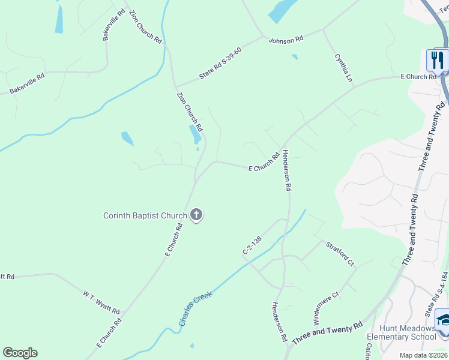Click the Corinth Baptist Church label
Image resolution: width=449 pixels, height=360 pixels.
click(145, 215)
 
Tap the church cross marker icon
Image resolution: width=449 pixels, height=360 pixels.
click(196, 215)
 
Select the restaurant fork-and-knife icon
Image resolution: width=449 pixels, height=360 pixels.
click(436, 60)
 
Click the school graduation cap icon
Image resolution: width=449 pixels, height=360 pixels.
click(444, 320)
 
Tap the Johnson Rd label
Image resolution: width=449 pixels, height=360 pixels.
click(286, 40)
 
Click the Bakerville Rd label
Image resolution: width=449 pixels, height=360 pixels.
click(27, 84)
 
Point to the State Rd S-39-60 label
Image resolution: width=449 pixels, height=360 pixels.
click(220, 64)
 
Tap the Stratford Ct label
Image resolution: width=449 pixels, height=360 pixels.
click(340, 254)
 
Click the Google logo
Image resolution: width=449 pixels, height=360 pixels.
click(20, 353)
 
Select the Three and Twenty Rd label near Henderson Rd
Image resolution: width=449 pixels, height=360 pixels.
click(327, 333)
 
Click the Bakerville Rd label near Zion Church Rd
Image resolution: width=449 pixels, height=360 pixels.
click(113, 25)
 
